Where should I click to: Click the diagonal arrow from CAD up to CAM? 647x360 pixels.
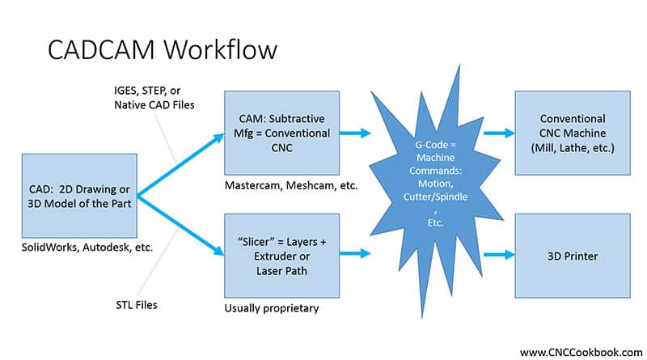[180, 164]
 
